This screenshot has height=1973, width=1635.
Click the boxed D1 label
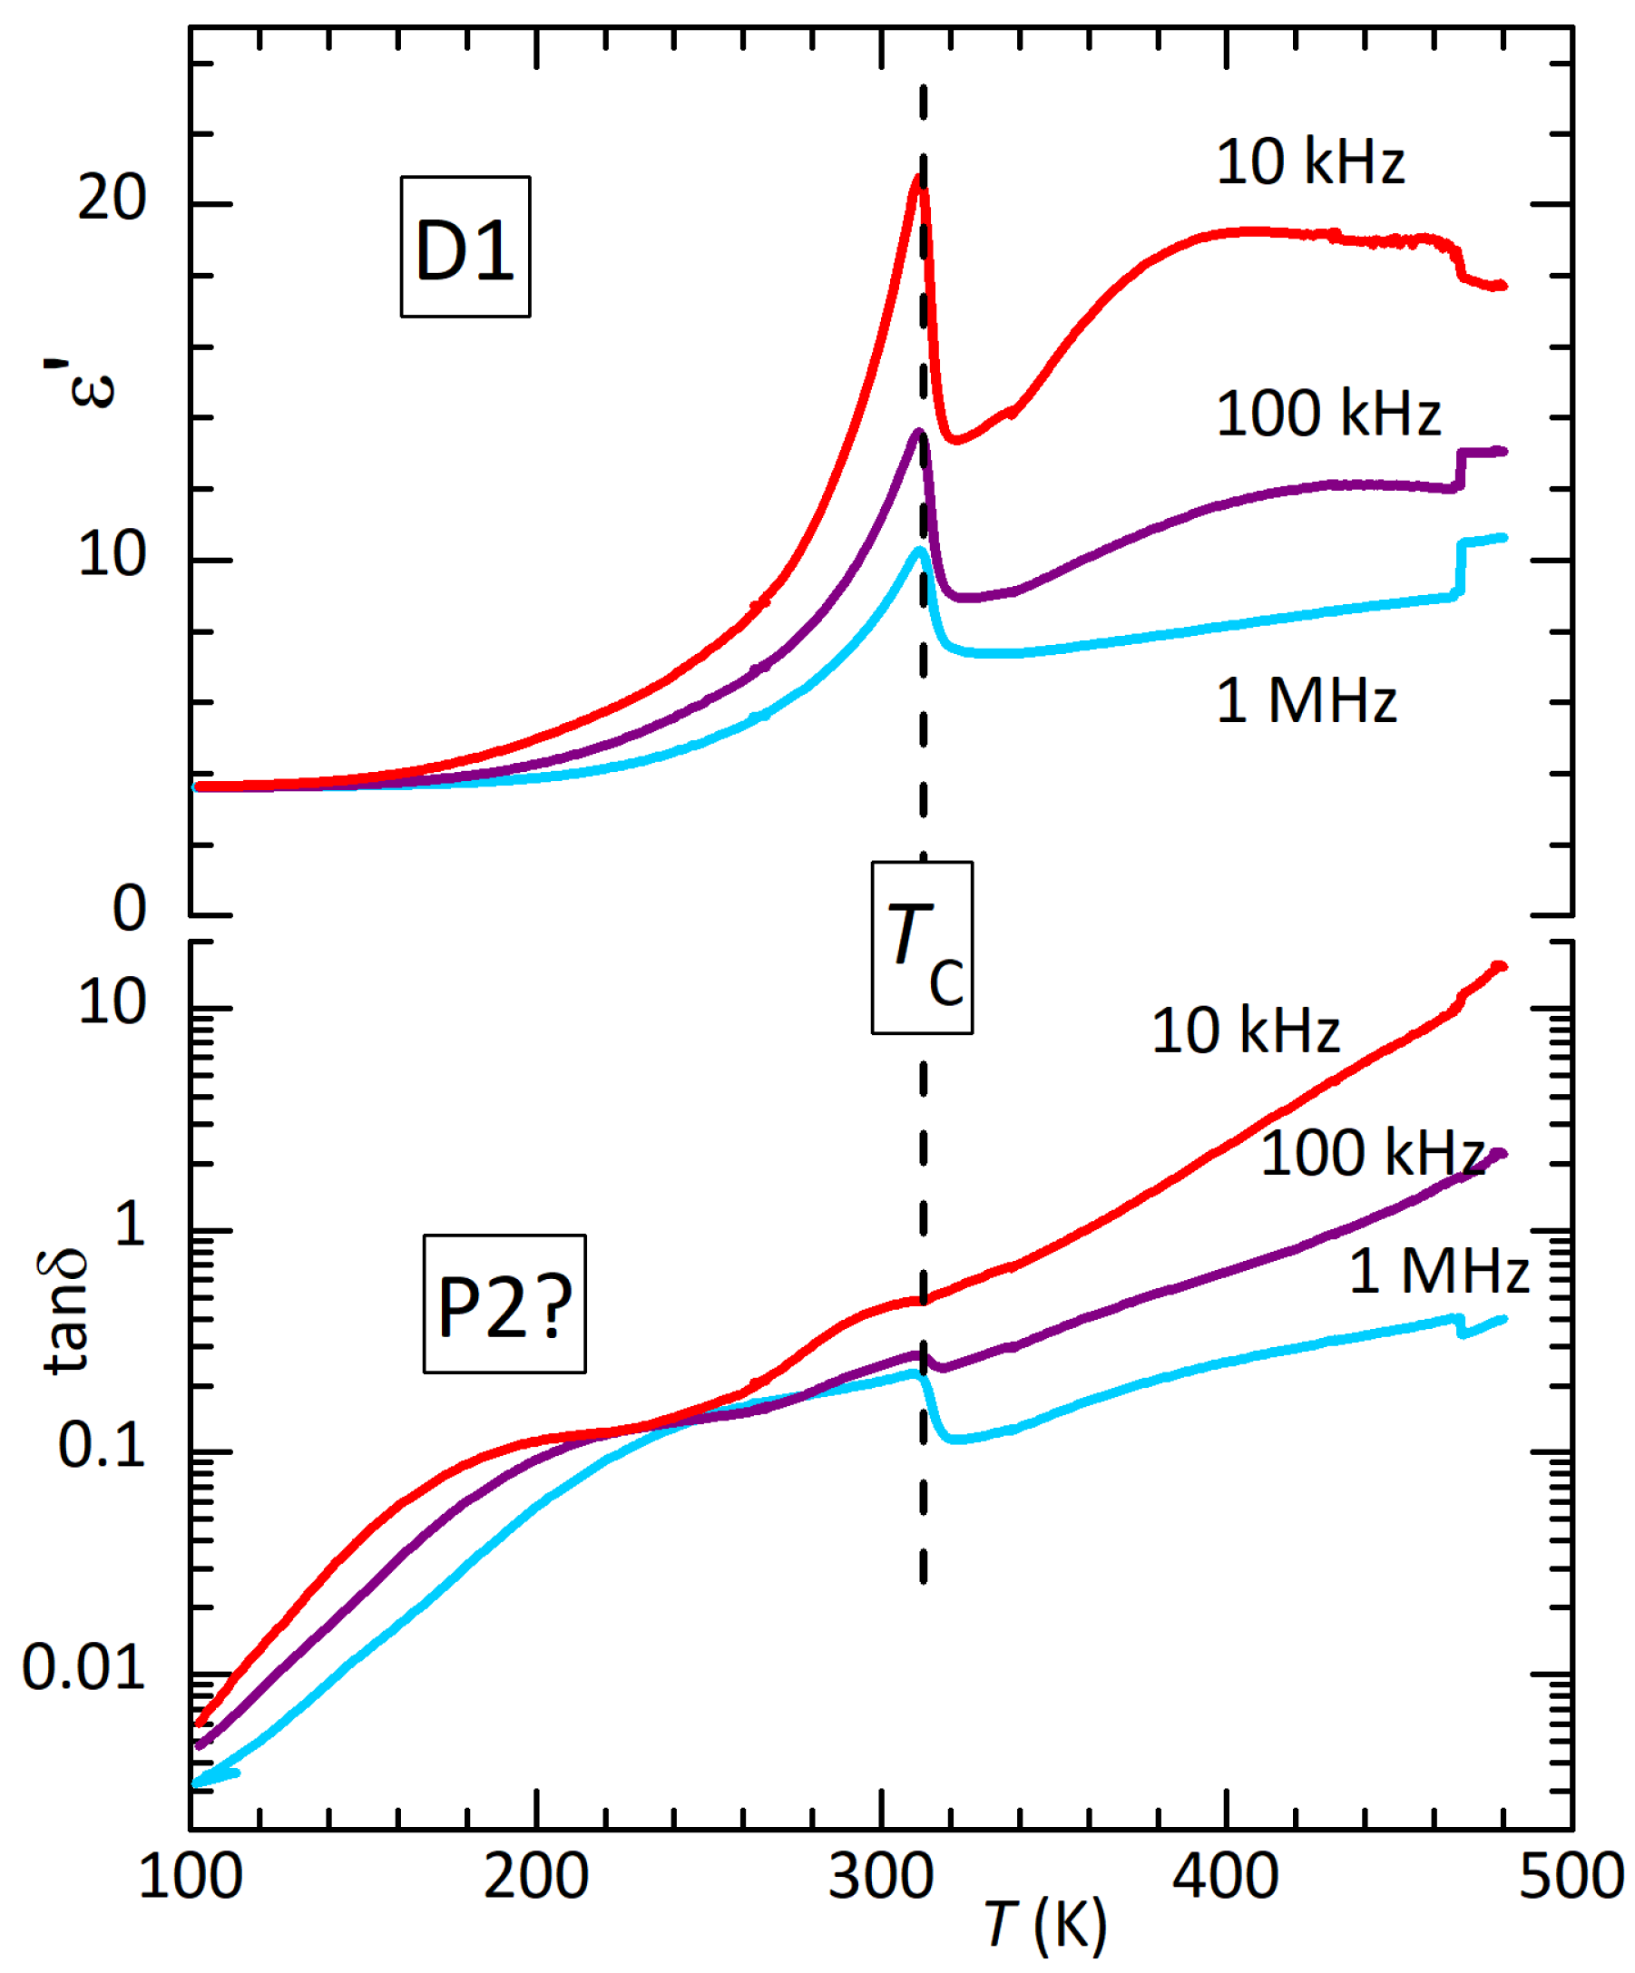[465, 247]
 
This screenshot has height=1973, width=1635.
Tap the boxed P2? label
[504, 1305]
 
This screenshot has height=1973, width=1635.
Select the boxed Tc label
[922, 947]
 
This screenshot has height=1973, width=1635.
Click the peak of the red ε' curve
[918, 179]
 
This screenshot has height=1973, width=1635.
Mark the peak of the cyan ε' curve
[919, 551]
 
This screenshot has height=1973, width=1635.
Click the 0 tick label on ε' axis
[130, 909]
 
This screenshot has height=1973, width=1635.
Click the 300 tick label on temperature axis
[880, 1876]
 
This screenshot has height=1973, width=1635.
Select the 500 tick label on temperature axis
[1571, 1876]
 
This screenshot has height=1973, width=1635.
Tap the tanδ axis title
[65, 1313]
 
